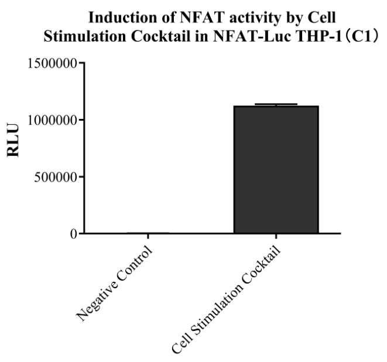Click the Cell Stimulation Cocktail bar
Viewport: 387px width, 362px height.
click(x=276, y=170)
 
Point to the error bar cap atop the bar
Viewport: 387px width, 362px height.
click(x=276, y=104)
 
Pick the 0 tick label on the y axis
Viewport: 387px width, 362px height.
click(x=73, y=234)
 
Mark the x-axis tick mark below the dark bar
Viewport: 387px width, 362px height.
click(x=276, y=237)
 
